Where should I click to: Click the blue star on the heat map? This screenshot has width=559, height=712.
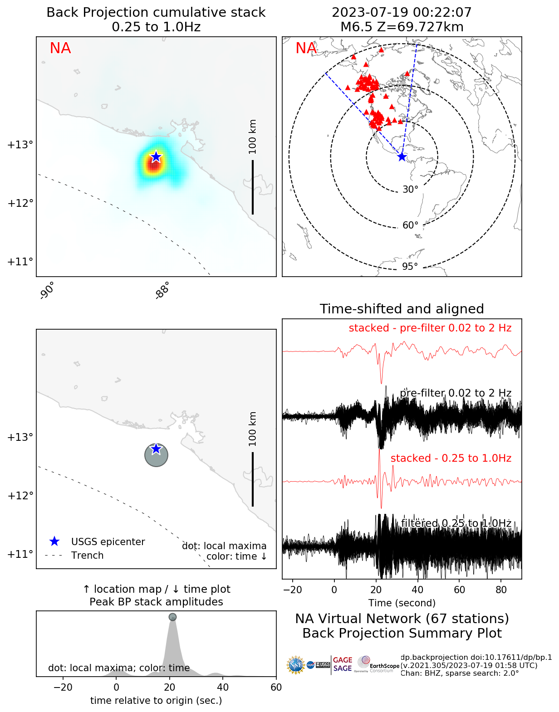156,157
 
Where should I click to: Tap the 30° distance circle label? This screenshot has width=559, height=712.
410,190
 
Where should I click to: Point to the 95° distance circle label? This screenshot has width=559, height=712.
410,266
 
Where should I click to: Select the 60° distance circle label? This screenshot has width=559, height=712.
410,225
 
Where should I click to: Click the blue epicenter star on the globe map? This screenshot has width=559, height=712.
402,157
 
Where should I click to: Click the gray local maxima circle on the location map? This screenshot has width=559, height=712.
156,454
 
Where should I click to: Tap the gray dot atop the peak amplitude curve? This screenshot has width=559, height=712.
172,617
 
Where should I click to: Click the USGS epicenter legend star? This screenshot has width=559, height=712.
54,541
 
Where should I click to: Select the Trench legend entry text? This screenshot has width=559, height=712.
87,556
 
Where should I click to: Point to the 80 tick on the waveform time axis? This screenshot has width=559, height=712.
501,590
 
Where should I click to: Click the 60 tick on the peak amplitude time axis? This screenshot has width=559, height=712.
276,688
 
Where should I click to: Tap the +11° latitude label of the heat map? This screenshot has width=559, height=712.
20,262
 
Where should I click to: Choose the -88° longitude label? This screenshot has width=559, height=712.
162,291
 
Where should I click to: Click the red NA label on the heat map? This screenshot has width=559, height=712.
60,48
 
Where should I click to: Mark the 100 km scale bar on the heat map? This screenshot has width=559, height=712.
253,186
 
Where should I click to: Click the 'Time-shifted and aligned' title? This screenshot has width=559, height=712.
402,309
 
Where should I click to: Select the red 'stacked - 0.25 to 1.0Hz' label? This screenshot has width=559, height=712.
451,458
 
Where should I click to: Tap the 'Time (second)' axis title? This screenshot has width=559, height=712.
402,603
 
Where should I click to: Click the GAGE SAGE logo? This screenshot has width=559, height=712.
343,664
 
